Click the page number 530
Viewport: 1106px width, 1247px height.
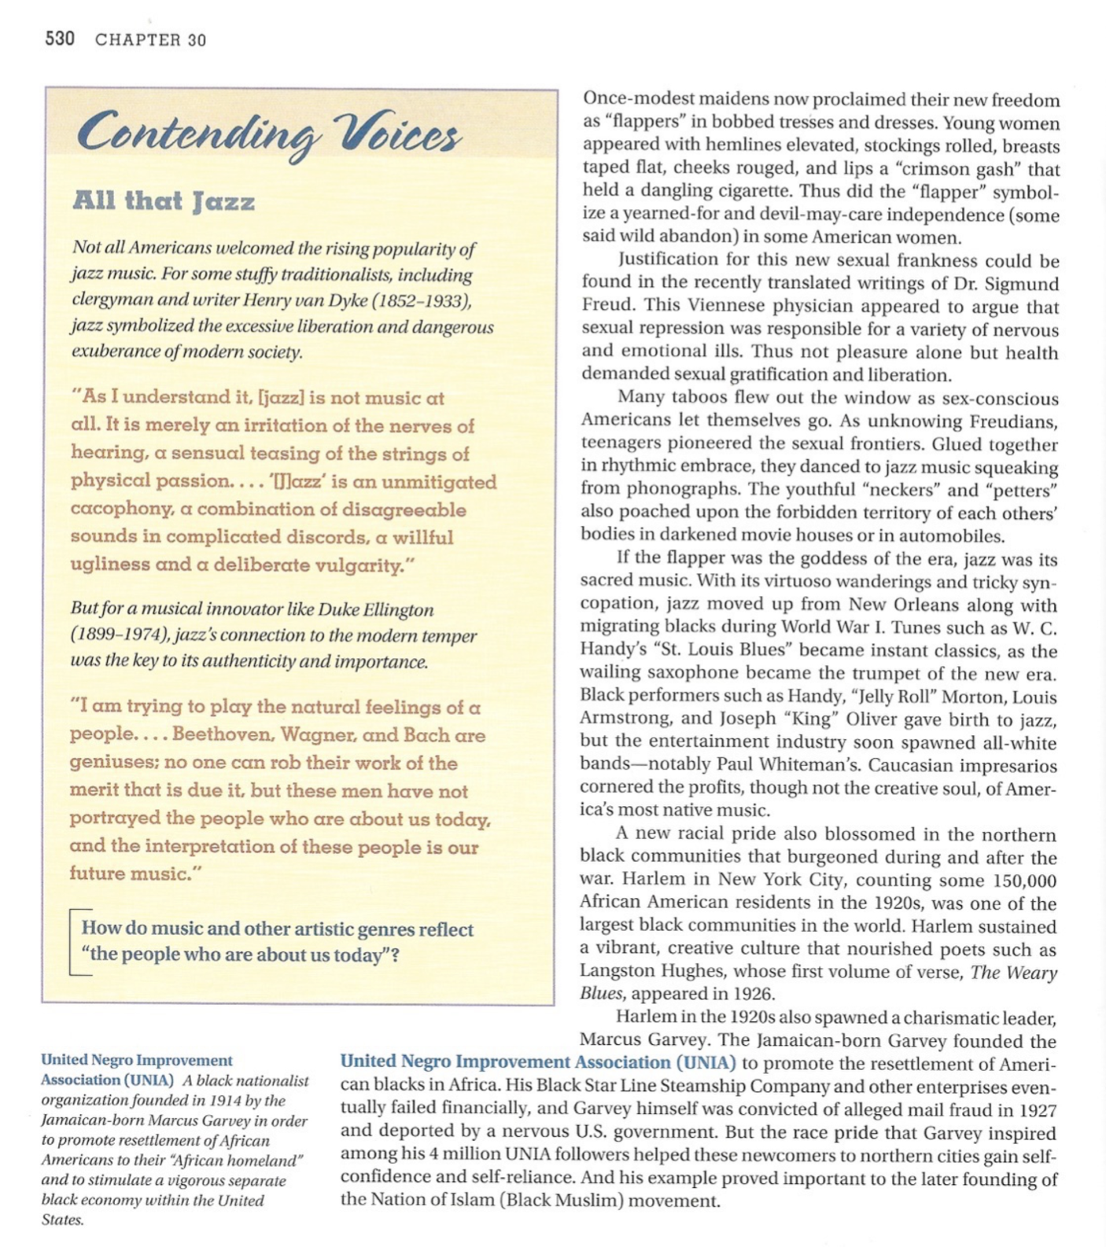point(60,39)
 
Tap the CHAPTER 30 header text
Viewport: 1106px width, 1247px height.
point(150,40)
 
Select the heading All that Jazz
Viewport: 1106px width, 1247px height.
point(164,201)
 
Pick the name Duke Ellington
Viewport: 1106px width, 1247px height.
point(386,609)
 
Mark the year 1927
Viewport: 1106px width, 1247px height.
point(1038,1110)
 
